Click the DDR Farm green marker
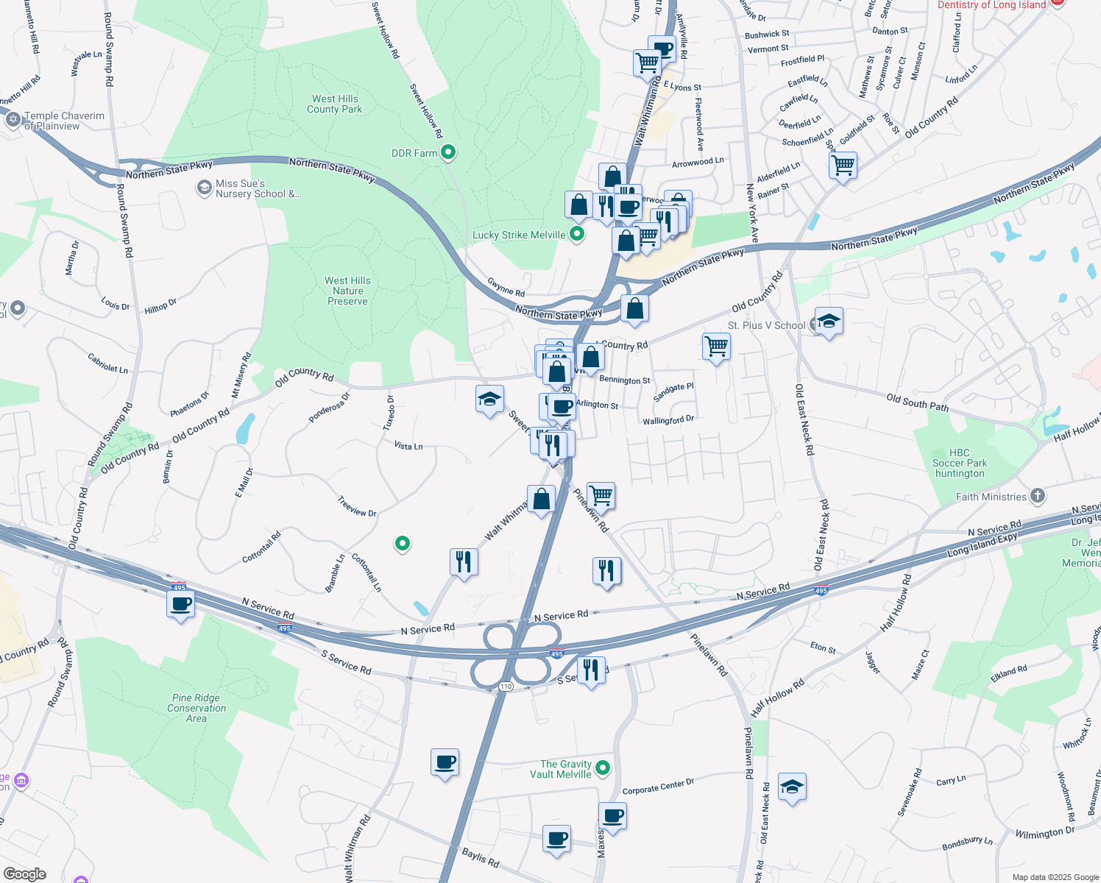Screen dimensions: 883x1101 click(448, 152)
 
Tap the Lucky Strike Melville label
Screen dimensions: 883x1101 click(519, 235)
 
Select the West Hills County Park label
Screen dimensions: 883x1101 click(335, 104)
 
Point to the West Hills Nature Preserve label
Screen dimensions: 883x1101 click(347, 291)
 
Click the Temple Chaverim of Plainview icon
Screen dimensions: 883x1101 click(13, 120)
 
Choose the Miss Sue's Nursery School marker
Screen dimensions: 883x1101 click(204, 188)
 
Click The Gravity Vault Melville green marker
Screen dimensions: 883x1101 click(603, 768)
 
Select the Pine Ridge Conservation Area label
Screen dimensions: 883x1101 click(196, 708)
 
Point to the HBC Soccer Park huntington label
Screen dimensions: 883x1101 click(960, 464)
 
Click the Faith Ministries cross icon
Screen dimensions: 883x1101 click(1038, 496)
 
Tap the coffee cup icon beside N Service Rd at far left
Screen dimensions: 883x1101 click(181, 605)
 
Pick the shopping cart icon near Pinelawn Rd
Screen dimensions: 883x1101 click(601, 495)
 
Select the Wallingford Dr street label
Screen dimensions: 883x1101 click(668, 421)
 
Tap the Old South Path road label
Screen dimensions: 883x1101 click(917, 403)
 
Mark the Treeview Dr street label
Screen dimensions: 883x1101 click(357, 507)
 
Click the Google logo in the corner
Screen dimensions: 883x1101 click(24, 874)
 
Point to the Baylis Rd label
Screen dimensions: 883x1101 click(481, 857)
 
